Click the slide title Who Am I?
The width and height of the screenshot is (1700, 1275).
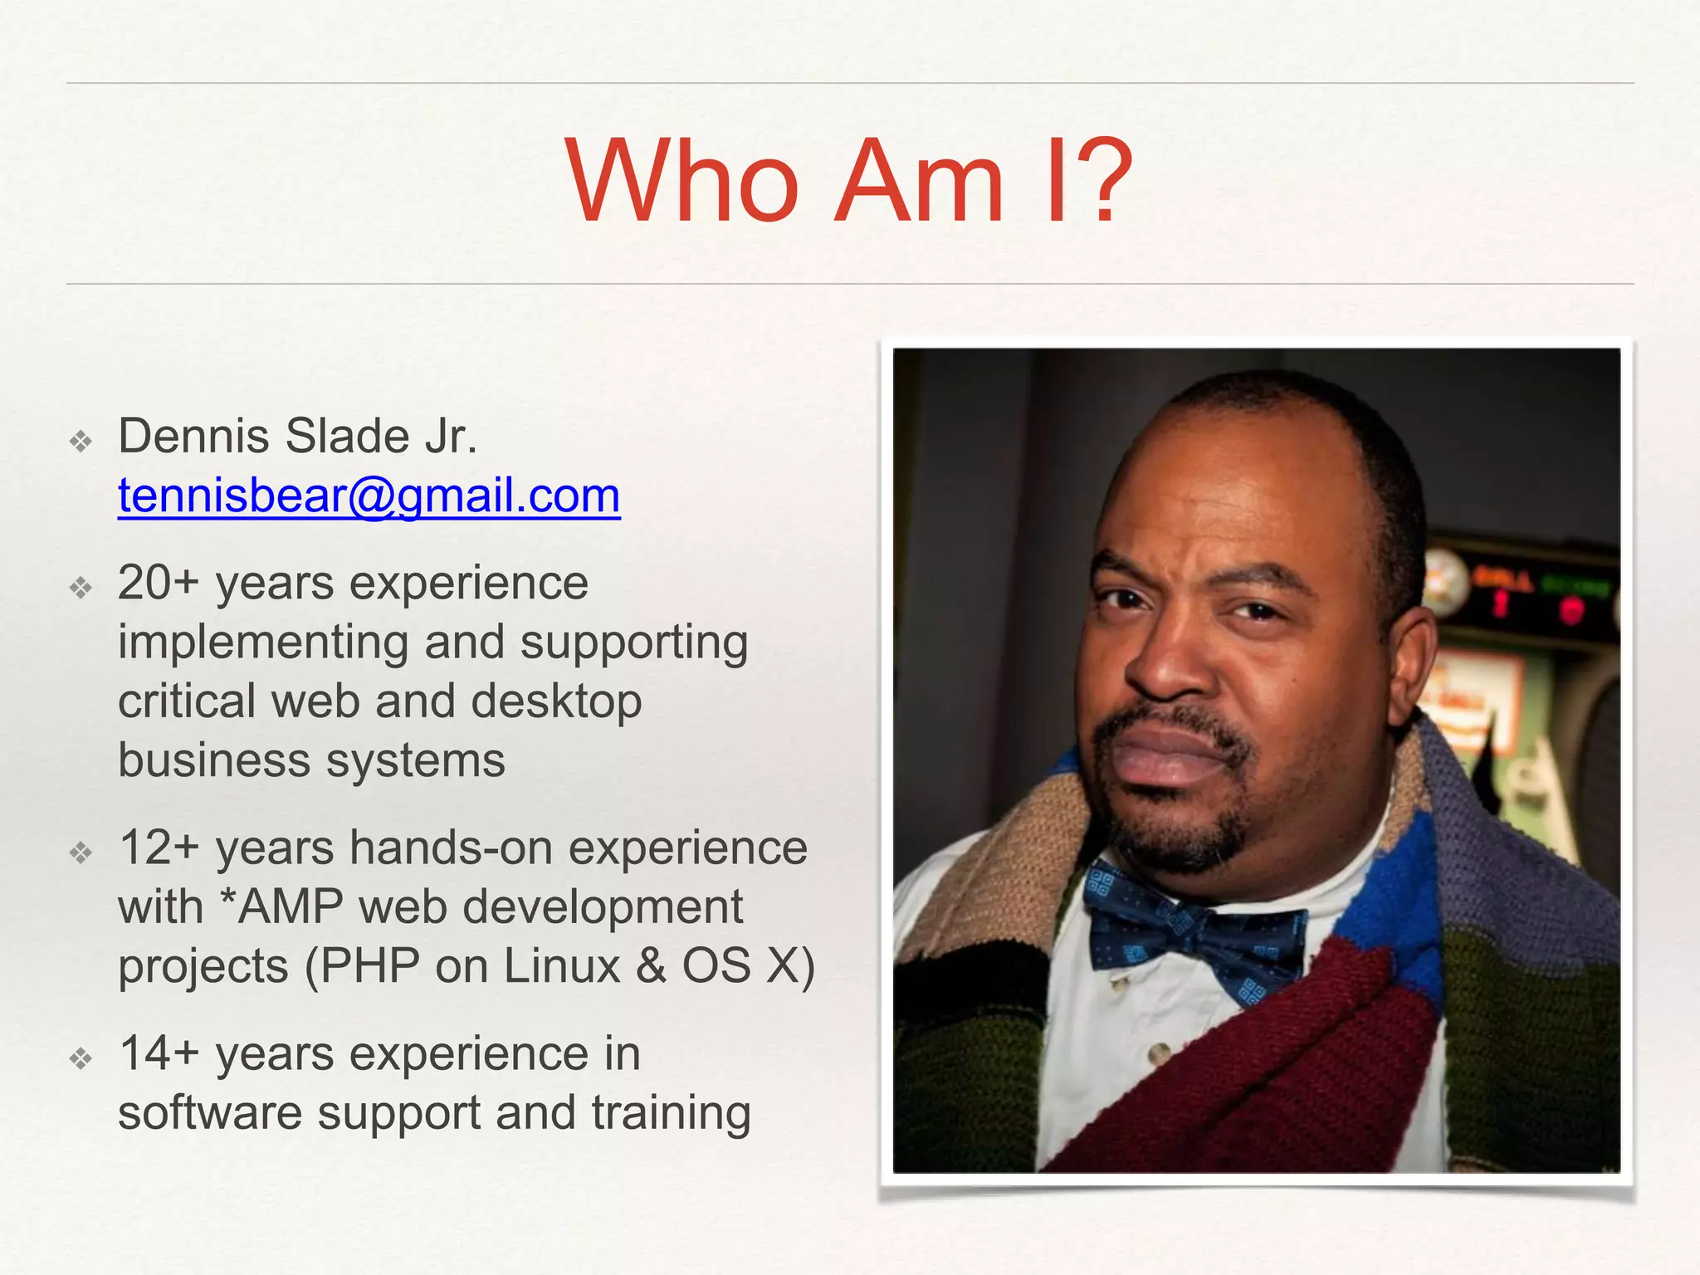pos(848,181)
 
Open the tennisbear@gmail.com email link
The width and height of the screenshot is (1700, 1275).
pos(369,496)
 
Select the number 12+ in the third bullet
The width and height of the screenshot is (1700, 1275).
pos(159,848)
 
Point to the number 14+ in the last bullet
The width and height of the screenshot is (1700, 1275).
pos(159,1053)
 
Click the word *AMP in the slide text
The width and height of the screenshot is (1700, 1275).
pos(282,906)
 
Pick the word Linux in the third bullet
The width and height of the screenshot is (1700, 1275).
pos(562,966)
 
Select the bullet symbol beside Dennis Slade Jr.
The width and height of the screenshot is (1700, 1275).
pos(81,441)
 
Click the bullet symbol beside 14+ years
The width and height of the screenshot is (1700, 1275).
pos(81,1058)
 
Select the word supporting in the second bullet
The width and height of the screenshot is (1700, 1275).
pos(634,643)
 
